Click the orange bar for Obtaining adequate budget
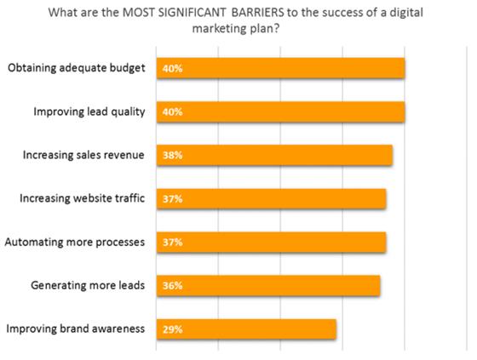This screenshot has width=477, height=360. pyautogui.click(x=281, y=68)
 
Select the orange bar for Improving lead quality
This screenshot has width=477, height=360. pyautogui.click(x=281, y=111)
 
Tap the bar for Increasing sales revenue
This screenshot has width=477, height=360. pyautogui.click(x=274, y=155)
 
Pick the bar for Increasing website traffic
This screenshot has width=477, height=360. pyautogui.click(x=272, y=199)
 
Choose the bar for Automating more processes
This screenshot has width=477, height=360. pyautogui.click(x=272, y=242)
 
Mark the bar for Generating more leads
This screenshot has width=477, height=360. pyautogui.click(x=268, y=285)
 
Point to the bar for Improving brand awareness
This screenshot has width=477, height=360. pyautogui.click(x=246, y=329)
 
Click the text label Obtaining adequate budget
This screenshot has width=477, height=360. pyautogui.click(x=77, y=68)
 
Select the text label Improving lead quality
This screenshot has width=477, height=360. pyautogui.click(x=89, y=111)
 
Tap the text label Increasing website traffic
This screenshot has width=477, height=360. pyautogui.click(x=82, y=198)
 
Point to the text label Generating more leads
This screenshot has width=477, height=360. pyautogui.click(x=88, y=285)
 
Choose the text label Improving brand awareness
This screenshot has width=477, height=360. pyautogui.click(x=76, y=329)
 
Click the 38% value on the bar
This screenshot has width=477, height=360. pyautogui.click(x=172, y=156)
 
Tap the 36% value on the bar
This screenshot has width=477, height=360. pyautogui.click(x=172, y=286)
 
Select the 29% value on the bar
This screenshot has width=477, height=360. pyautogui.click(x=172, y=329)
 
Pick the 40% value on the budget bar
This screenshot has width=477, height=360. pyautogui.click(x=172, y=68)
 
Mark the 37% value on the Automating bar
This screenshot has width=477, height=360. pyautogui.click(x=172, y=243)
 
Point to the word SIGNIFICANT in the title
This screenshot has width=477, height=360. pyautogui.click(x=192, y=13)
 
